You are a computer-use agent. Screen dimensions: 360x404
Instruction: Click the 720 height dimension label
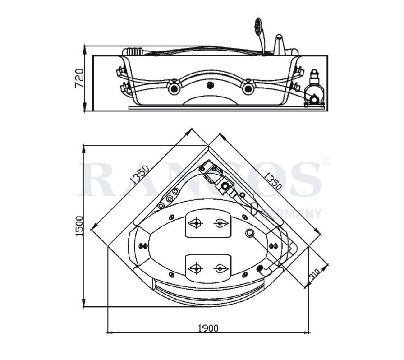[x=79, y=78]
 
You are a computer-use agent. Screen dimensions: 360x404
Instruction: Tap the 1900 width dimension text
[x=208, y=328]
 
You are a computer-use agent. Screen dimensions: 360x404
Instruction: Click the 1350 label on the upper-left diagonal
[x=139, y=175]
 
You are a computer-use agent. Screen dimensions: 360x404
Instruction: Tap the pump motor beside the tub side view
[x=314, y=90]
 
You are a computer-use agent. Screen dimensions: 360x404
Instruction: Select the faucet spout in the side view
[x=280, y=43]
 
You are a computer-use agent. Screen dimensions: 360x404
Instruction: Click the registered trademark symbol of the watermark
[x=325, y=161]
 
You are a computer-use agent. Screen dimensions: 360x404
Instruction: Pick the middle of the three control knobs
[x=170, y=199]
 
